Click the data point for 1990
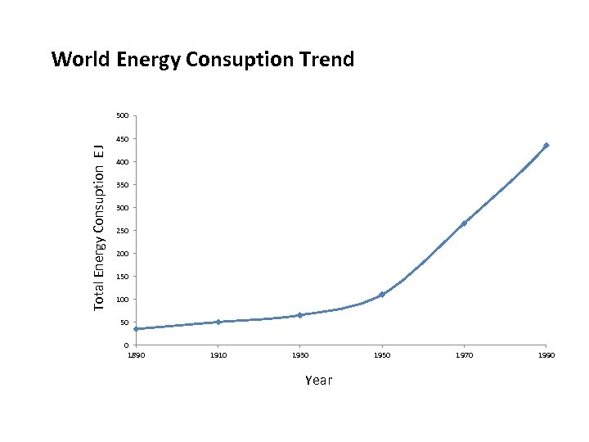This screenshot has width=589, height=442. click(x=546, y=146)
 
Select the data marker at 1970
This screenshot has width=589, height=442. click(x=464, y=223)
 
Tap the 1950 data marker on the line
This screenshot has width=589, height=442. click(x=382, y=295)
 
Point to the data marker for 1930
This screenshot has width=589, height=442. click(x=300, y=315)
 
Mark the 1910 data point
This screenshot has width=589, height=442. click(x=218, y=322)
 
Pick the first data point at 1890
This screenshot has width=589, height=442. click(x=137, y=329)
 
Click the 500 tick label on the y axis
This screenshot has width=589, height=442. click(x=122, y=116)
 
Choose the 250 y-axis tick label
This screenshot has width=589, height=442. click(x=122, y=231)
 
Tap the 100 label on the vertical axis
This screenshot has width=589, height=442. click(x=122, y=300)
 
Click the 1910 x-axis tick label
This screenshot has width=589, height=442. click(x=218, y=355)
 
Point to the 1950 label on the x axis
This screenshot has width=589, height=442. click(x=382, y=355)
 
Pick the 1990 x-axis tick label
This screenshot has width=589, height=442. click(x=546, y=355)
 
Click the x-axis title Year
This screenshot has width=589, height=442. click(x=319, y=381)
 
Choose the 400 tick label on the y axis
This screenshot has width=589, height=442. click(x=122, y=162)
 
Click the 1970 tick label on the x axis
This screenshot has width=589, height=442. click(x=464, y=355)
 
